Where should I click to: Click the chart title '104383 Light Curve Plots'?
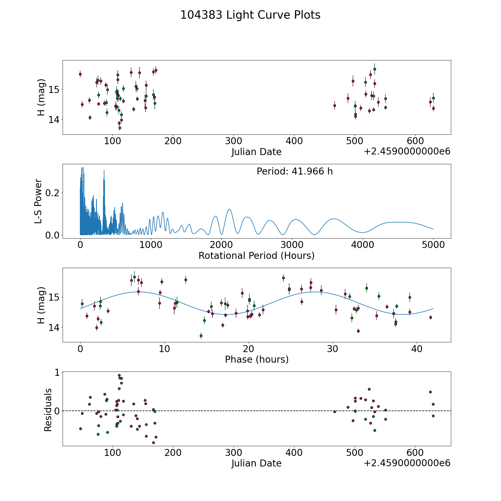pos(250,15)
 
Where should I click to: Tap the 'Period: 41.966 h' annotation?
pos(294,171)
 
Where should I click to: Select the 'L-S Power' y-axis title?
pos(38,201)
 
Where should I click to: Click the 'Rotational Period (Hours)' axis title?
pos(256,256)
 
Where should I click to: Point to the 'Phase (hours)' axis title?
pos(257,359)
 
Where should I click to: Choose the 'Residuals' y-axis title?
pos(48,410)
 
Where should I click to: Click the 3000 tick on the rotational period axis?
pos(292,245)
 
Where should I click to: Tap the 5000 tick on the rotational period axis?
pos(433,245)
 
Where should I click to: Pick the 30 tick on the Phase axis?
pos(332,349)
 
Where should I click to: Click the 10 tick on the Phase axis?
pos(164,349)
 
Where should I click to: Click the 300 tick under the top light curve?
pos(234,141)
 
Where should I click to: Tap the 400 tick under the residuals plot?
pos(294,453)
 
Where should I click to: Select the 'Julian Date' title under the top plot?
pos(256,152)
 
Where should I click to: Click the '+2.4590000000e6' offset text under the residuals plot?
pos(407,463)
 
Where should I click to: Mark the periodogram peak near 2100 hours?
pos(229,209)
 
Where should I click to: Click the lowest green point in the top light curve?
pos(120,128)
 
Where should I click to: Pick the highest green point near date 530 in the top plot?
pos(375,69)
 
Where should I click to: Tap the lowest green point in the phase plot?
pos(201,336)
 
